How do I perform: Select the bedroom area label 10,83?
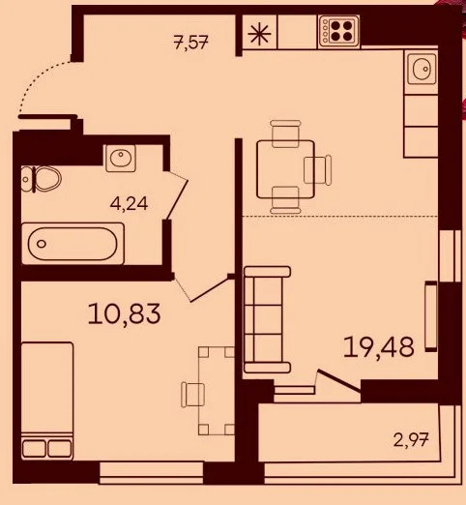pos(124,313)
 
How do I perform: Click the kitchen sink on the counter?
pos(422,71)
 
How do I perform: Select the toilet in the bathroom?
pos(43,177)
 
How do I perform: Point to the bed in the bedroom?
pos(46,399)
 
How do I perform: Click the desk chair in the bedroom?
pos(192,395)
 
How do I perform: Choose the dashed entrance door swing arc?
pos(41,85)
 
